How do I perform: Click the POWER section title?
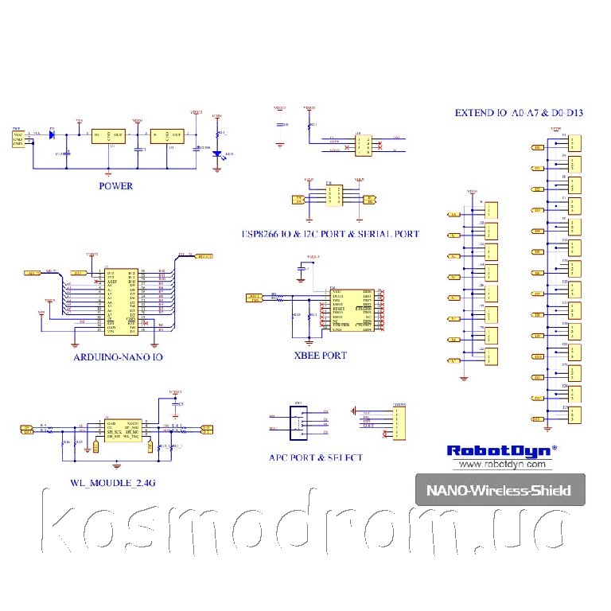pyautogui.click(x=115, y=186)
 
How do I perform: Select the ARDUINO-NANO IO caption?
pyautogui.click(x=119, y=358)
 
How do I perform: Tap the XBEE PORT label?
pyautogui.click(x=320, y=356)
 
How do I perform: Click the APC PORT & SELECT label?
pyautogui.click(x=315, y=457)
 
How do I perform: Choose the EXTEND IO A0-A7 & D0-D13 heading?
pyautogui.click(x=519, y=113)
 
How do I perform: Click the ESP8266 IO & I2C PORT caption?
pyautogui.click(x=330, y=234)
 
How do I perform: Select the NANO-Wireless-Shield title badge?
pyautogui.click(x=500, y=490)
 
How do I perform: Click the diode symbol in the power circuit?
pyautogui.click(x=52, y=135)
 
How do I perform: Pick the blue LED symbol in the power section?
pyautogui.click(x=216, y=154)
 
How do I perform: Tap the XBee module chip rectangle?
pyautogui.click(x=352, y=310)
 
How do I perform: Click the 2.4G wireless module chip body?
pyautogui.click(x=123, y=430)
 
